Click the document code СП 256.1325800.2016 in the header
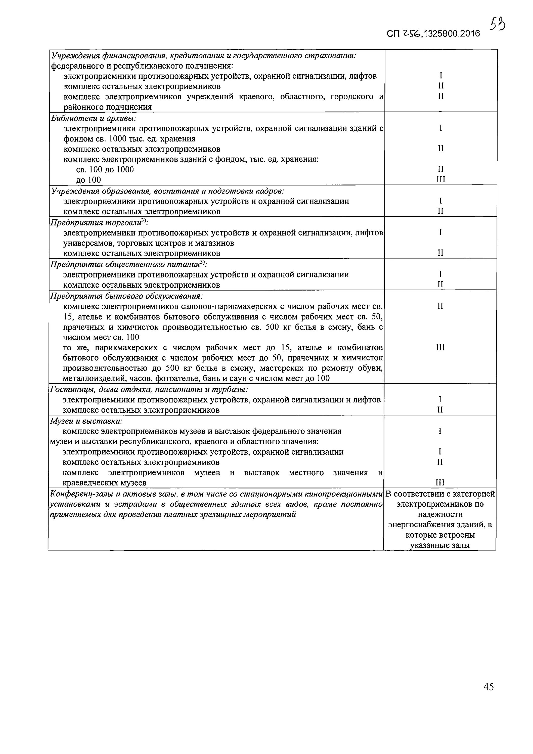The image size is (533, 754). (x=433, y=33)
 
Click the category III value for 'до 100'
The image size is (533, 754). (x=441, y=179)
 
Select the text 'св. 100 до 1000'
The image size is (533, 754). (x=105, y=169)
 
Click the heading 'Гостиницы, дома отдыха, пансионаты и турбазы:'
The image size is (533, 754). (x=148, y=390)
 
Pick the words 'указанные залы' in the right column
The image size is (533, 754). (x=440, y=545)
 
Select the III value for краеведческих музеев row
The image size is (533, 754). (x=440, y=482)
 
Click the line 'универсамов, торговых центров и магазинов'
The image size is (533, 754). (x=148, y=243)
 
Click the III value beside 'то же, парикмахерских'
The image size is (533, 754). (x=440, y=347)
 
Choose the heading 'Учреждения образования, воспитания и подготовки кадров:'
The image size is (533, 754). (x=167, y=191)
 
